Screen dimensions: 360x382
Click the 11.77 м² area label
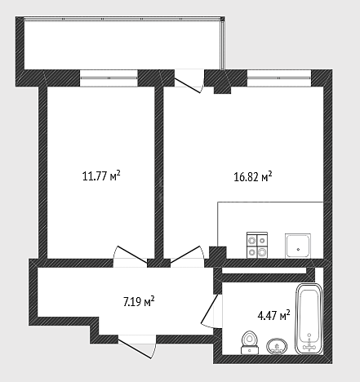pyautogui.click(x=101, y=176)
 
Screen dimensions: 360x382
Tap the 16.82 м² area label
pyautogui.click(x=253, y=176)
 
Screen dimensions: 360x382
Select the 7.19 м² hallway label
pyautogui.click(x=139, y=301)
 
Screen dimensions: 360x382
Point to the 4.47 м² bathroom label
pyautogui.click(x=273, y=316)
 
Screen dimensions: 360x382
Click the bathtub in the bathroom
pyautogui.click(x=309, y=319)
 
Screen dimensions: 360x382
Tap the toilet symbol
pyautogui.click(x=250, y=342)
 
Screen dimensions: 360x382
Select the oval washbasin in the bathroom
pyautogui.click(x=277, y=347)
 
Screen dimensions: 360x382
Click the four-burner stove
pyautogui.click(x=257, y=245)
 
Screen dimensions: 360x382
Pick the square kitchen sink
pyautogui.click(x=298, y=246)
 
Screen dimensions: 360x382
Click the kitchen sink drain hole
pyautogui.click(x=299, y=249)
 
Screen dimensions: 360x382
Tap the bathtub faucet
pyautogui.click(x=309, y=344)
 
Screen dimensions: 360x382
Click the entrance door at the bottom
pyautogui.click(x=137, y=347)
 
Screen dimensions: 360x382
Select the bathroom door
pyautogui.click(x=211, y=311)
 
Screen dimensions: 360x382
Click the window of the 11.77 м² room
pyautogui.click(x=109, y=78)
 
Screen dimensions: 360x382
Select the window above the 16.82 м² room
pyautogui.click(x=279, y=78)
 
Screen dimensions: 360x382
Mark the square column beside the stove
pyautogui.click(x=218, y=252)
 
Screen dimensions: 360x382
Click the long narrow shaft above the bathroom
pyautogui.click(x=264, y=271)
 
